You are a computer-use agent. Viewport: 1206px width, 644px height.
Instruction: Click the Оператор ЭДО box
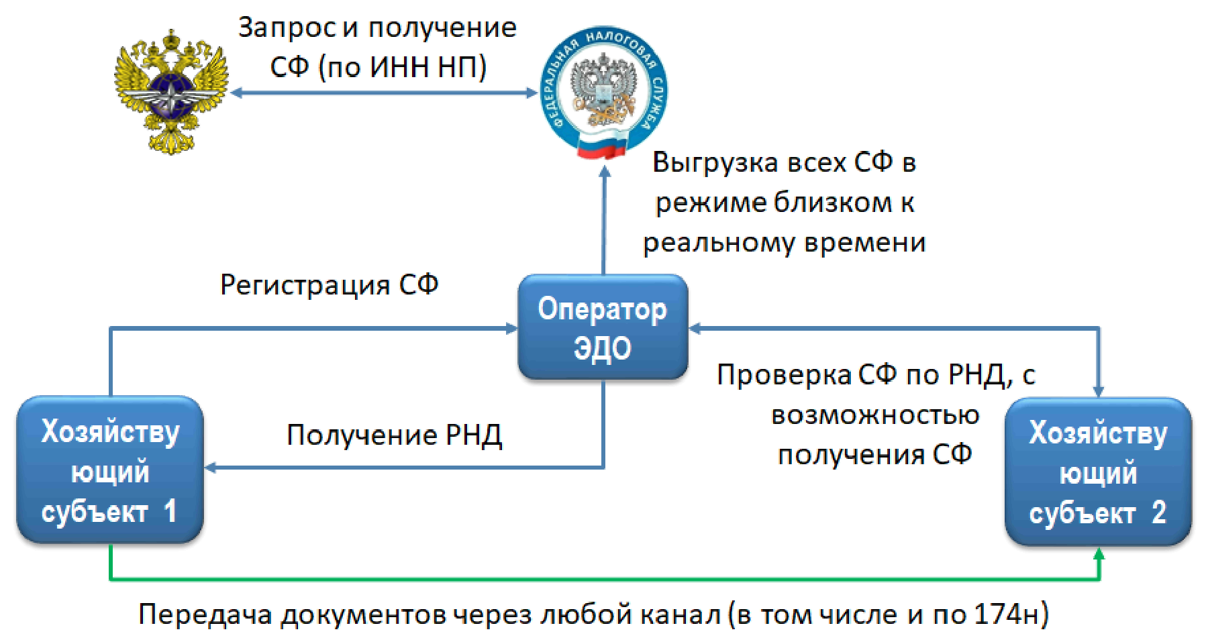(x=603, y=327)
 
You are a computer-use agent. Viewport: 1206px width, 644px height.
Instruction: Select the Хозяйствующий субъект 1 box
(x=109, y=470)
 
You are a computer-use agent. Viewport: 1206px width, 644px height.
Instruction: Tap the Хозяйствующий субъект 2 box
(x=1098, y=472)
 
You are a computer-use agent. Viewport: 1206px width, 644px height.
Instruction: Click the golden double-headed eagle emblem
(x=172, y=92)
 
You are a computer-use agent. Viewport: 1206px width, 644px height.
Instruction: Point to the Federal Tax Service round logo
(x=604, y=92)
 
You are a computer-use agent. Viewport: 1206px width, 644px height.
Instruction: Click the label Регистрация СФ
(x=329, y=285)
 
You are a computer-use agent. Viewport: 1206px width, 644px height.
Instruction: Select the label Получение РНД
(x=394, y=435)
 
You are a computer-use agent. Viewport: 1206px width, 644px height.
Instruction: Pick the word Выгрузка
(x=715, y=163)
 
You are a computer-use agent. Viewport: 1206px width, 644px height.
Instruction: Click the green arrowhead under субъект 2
(x=1099, y=555)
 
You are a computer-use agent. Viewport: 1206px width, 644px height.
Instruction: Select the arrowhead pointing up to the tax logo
(x=604, y=172)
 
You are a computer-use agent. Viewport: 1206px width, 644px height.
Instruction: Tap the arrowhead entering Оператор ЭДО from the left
(x=511, y=328)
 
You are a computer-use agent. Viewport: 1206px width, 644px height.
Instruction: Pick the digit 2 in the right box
(x=1158, y=513)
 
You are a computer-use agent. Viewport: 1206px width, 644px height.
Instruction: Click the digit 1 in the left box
(x=170, y=511)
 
